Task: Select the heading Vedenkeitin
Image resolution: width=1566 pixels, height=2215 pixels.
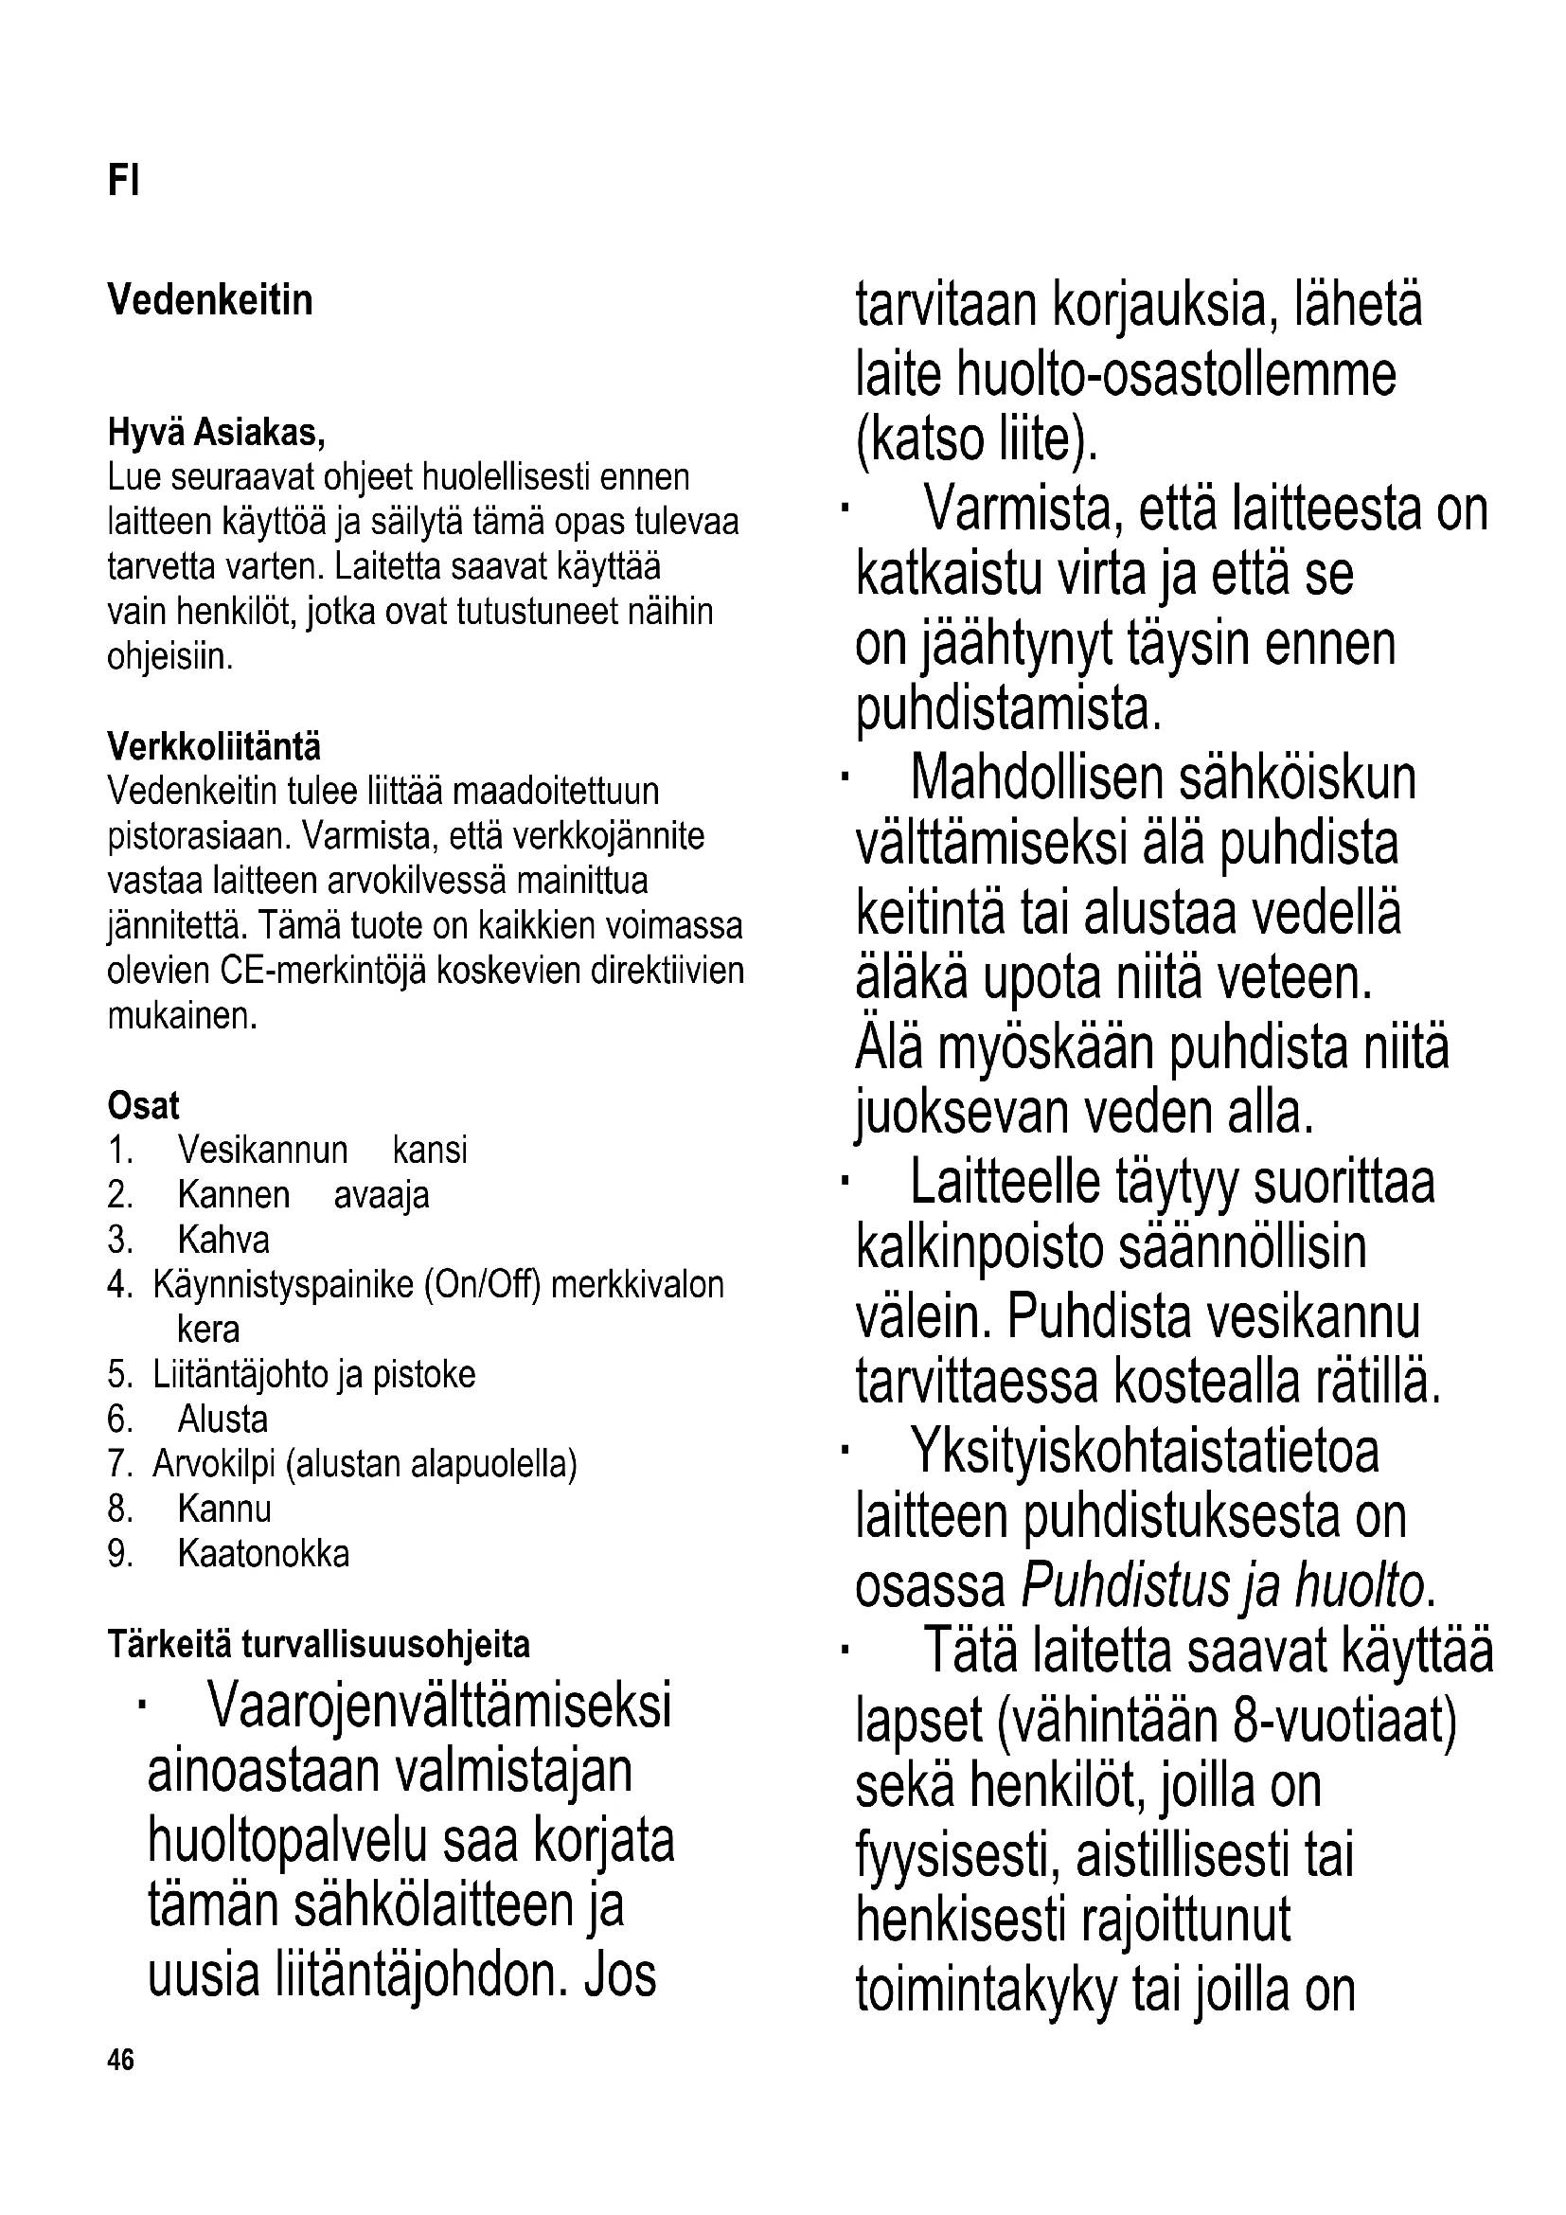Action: click(x=210, y=300)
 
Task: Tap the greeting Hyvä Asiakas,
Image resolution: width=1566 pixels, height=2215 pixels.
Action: click(x=216, y=433)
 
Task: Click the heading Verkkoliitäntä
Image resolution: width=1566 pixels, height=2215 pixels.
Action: click(x=214, y=746)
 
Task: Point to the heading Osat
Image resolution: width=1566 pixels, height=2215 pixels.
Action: click(x=144, y=1105)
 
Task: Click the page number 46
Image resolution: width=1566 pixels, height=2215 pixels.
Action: click(x=121, y=2061)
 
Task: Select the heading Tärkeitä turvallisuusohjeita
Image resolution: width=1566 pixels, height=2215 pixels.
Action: click(x=318, y=1645)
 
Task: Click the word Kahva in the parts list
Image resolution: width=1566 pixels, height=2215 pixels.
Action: click(x=223, y=1241)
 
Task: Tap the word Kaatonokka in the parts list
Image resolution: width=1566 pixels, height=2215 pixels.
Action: click(x=263, y=1554)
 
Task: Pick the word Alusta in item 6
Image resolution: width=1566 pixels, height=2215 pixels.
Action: click(x=222, y=1420)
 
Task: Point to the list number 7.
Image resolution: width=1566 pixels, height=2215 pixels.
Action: click(x=118, y=1464)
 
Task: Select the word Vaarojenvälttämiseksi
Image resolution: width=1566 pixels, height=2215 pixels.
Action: click(x=438, y=1706)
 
